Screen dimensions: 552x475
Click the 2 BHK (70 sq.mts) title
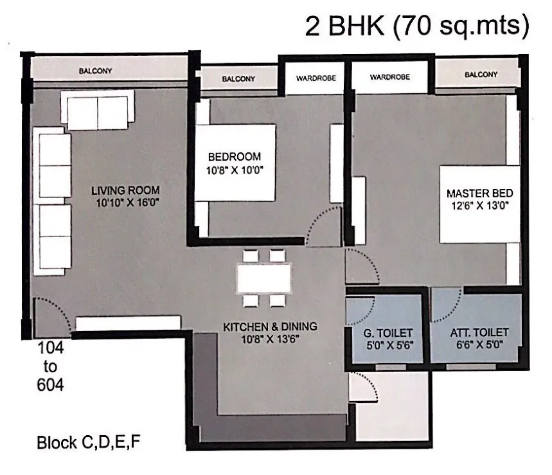(417, 26)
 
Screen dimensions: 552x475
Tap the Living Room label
(125, 190)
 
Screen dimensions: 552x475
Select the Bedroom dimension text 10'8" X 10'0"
(235, 170)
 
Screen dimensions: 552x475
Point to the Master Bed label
(479, 193)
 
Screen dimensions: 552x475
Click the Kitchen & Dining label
(270, 327)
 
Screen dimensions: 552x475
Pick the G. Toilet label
(387, 333)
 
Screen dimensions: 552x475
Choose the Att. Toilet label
(479, 332)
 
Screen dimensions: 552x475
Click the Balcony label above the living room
(95, 71)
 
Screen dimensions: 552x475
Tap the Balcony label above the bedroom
(238, 79)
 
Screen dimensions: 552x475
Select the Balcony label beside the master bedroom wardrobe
(481, 75)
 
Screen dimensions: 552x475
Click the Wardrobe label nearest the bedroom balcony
(316, 78)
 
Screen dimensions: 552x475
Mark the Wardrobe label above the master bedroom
(389, 76)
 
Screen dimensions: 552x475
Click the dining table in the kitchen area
(264, 278)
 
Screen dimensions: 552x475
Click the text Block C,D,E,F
(89, 443)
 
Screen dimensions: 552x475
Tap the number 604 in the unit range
(50, 384)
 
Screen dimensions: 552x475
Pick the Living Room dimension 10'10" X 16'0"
(128, 203)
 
